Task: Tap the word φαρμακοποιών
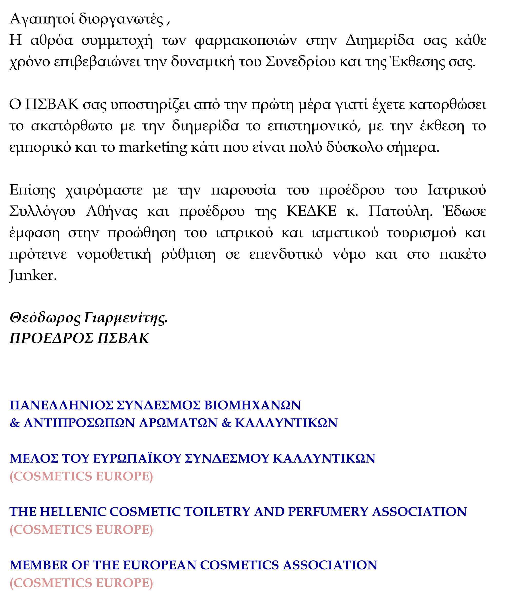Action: (246, 41)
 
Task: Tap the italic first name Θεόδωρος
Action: (45, 318)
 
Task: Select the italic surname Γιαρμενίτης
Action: (126, 318)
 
